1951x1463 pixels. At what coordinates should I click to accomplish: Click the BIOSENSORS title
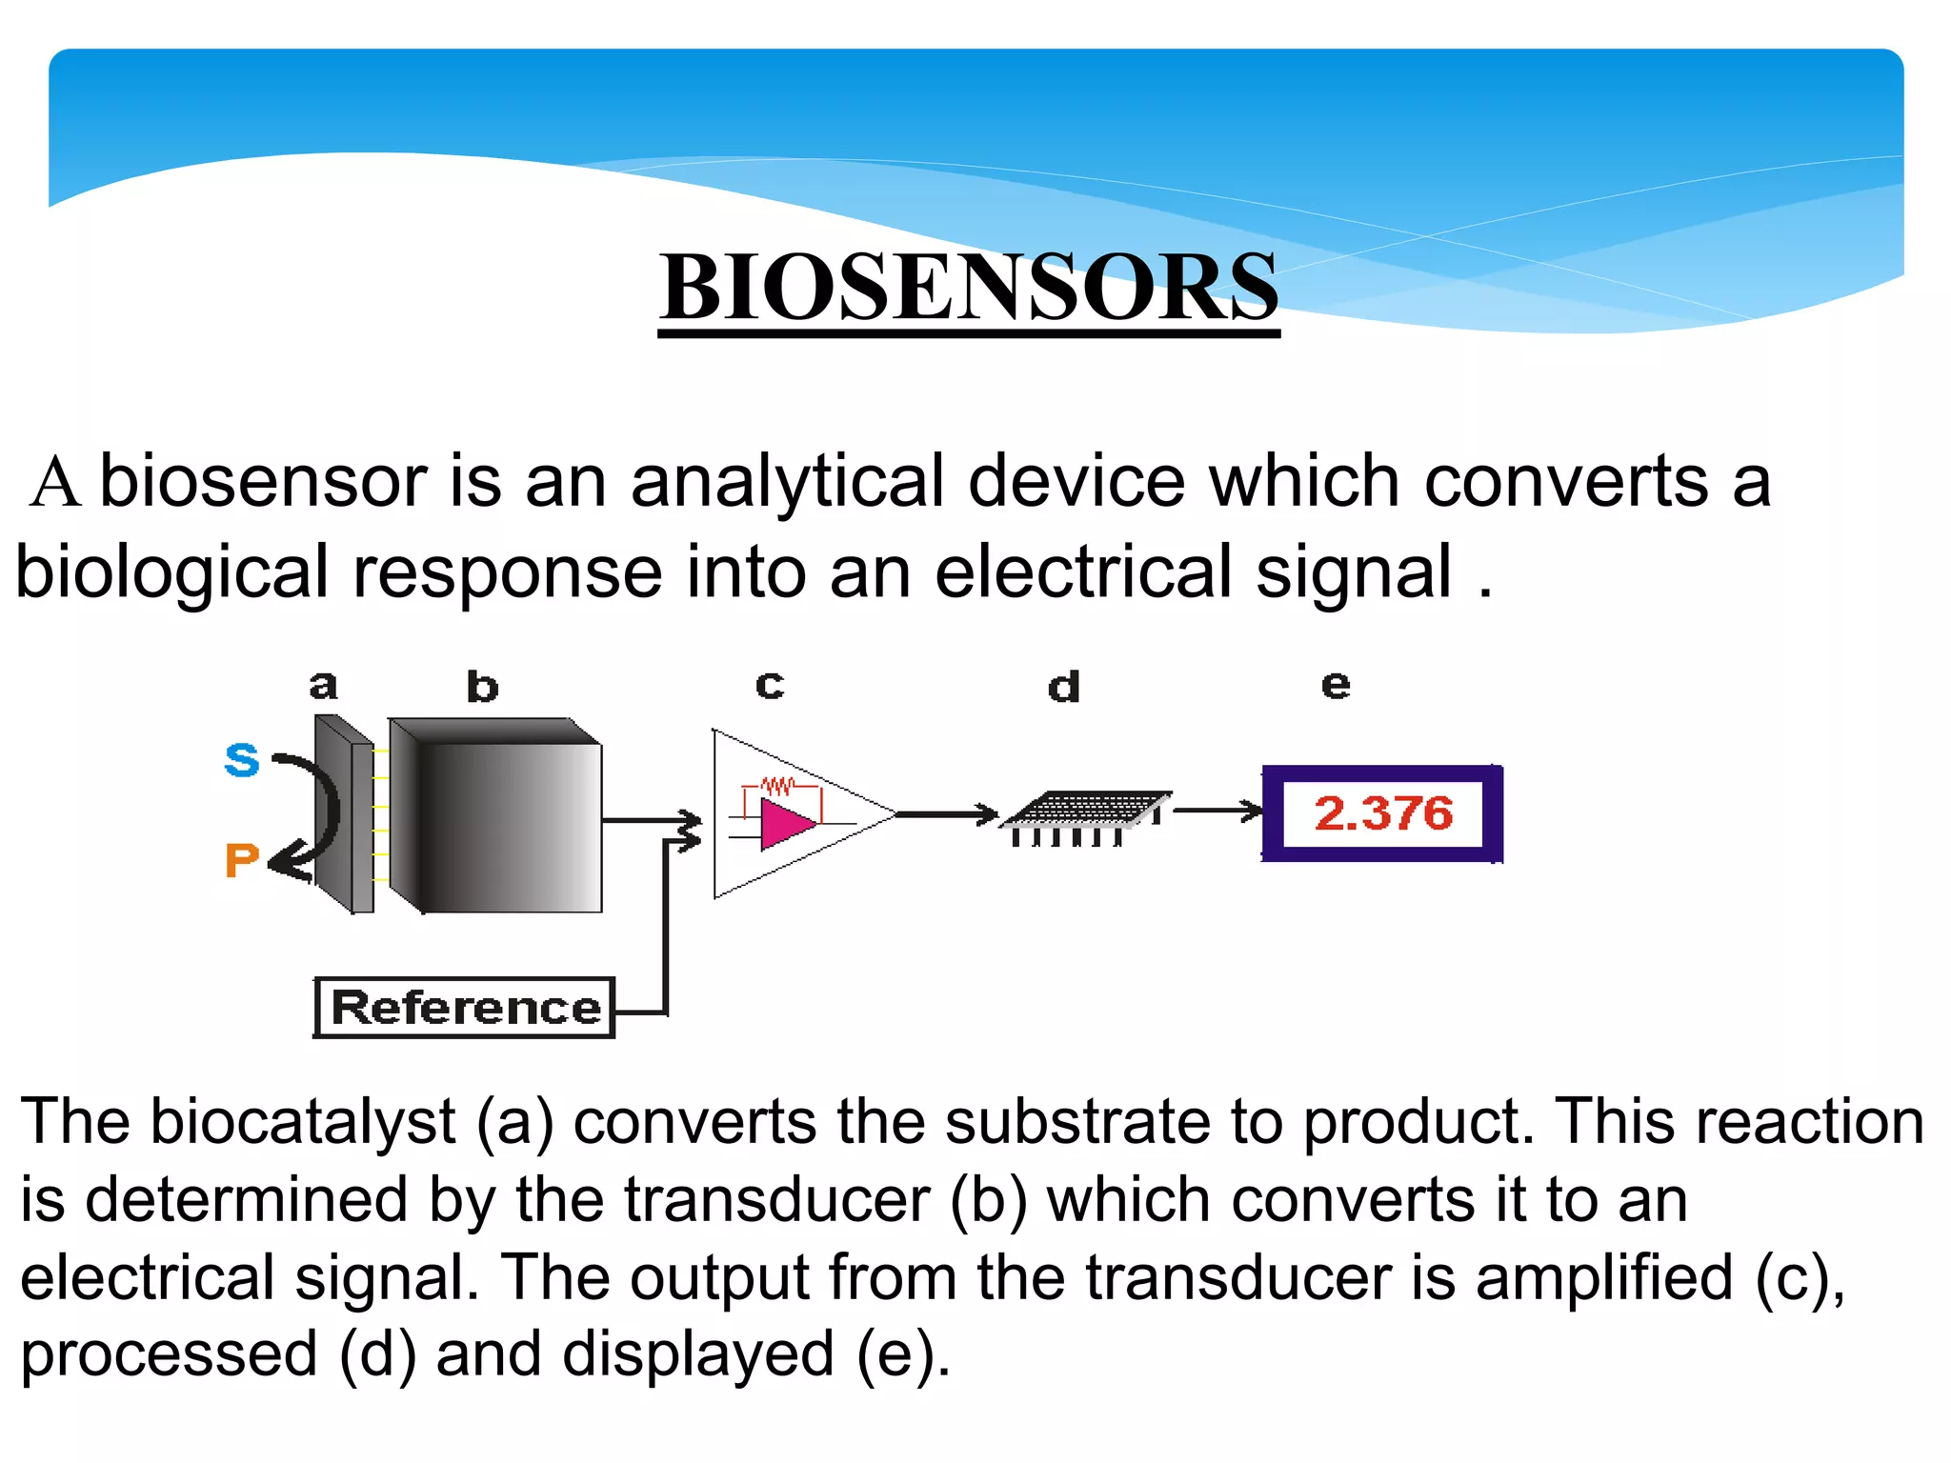969,286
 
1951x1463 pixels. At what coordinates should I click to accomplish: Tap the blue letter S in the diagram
242,760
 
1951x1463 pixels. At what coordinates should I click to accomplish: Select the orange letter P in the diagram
242,860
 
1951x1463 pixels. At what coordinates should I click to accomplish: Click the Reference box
465,1008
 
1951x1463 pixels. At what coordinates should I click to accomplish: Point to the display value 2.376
1383,813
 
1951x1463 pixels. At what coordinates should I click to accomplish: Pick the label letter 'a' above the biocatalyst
324,685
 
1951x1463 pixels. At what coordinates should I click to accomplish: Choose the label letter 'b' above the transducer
482,687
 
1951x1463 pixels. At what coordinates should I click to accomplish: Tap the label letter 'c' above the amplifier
770,685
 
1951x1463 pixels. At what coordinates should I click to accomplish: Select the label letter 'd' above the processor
1064,687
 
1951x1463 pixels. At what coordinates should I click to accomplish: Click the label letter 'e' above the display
1336,685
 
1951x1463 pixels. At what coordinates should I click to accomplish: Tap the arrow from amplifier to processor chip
947,814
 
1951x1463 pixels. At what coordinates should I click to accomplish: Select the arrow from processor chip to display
1217,812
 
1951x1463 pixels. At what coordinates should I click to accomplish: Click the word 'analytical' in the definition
787,481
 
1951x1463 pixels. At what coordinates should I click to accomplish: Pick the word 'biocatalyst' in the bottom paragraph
303,1121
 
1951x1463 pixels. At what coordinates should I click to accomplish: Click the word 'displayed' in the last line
697,1354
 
